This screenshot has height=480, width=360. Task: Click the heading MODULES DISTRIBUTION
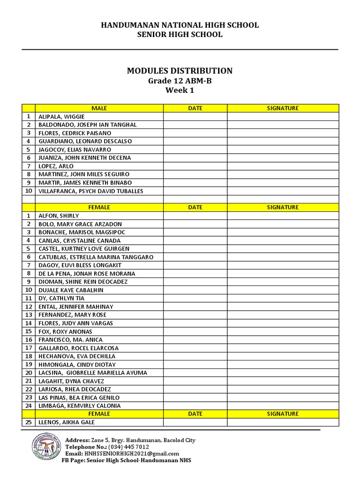tap(180, 71)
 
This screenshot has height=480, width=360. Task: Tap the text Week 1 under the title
tap(180, 90)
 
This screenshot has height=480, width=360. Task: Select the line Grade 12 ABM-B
tap(180, 81)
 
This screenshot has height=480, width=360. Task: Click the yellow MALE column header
tap(99, 108)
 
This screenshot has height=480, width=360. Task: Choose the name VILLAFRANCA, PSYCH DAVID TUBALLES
tap(90, 191)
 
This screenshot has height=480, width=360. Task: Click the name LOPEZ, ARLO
tap(56, 166)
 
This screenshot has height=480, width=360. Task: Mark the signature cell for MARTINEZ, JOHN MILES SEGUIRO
tap(283, 174)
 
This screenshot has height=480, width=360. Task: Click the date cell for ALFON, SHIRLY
tap(195, 216)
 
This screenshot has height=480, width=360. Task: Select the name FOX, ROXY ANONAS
tap(65, 331)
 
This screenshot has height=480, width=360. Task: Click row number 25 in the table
tap(29, 422)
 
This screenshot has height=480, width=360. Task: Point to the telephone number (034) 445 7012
tap(128, 447)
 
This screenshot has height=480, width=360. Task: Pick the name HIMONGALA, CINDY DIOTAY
tap(77, 364)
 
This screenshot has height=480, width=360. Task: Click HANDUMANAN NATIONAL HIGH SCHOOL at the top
tap(180, 25)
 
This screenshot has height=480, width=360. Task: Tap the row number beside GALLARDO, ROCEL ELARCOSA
tap(29, 348)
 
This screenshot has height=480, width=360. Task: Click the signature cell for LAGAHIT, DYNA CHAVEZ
tap(283, 381)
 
